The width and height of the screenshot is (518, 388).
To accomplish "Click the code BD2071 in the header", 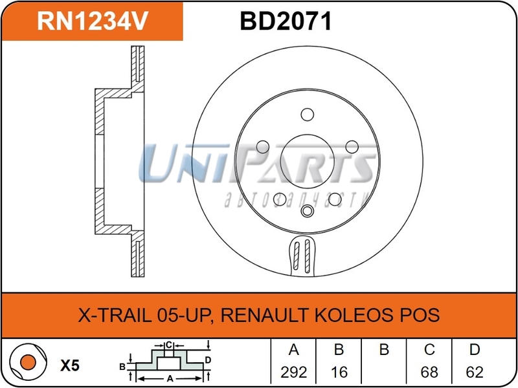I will coord(286,21).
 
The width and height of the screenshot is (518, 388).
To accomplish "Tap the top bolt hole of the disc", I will coord(308,114).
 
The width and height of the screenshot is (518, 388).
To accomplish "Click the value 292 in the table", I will coord(293,372).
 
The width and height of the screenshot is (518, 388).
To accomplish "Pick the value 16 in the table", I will coord(338,372).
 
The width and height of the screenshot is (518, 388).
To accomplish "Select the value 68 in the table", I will coord(429,372).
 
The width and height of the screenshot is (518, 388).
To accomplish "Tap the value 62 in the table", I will coord(474,372).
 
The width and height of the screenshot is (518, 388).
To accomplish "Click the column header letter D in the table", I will coord(474,350).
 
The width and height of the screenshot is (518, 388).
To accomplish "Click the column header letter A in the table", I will coord(293,350).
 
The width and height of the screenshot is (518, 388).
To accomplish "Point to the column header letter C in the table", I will coord(429,350).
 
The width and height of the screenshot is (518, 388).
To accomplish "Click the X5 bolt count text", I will coord(69,365).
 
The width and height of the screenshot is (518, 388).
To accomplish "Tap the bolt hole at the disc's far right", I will coord(352,146).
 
